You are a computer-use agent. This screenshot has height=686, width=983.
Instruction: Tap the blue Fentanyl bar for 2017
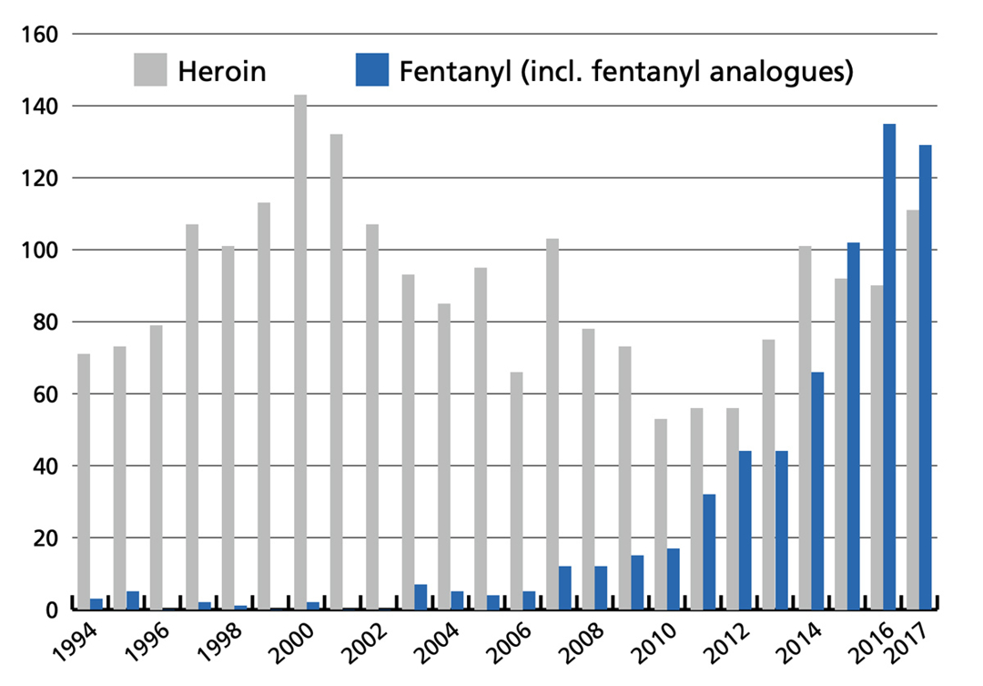tap(925, 377)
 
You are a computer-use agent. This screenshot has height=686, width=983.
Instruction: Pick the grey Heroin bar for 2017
tap(913, 410)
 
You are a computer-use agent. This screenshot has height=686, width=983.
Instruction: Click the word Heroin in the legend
tap(222, 70)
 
